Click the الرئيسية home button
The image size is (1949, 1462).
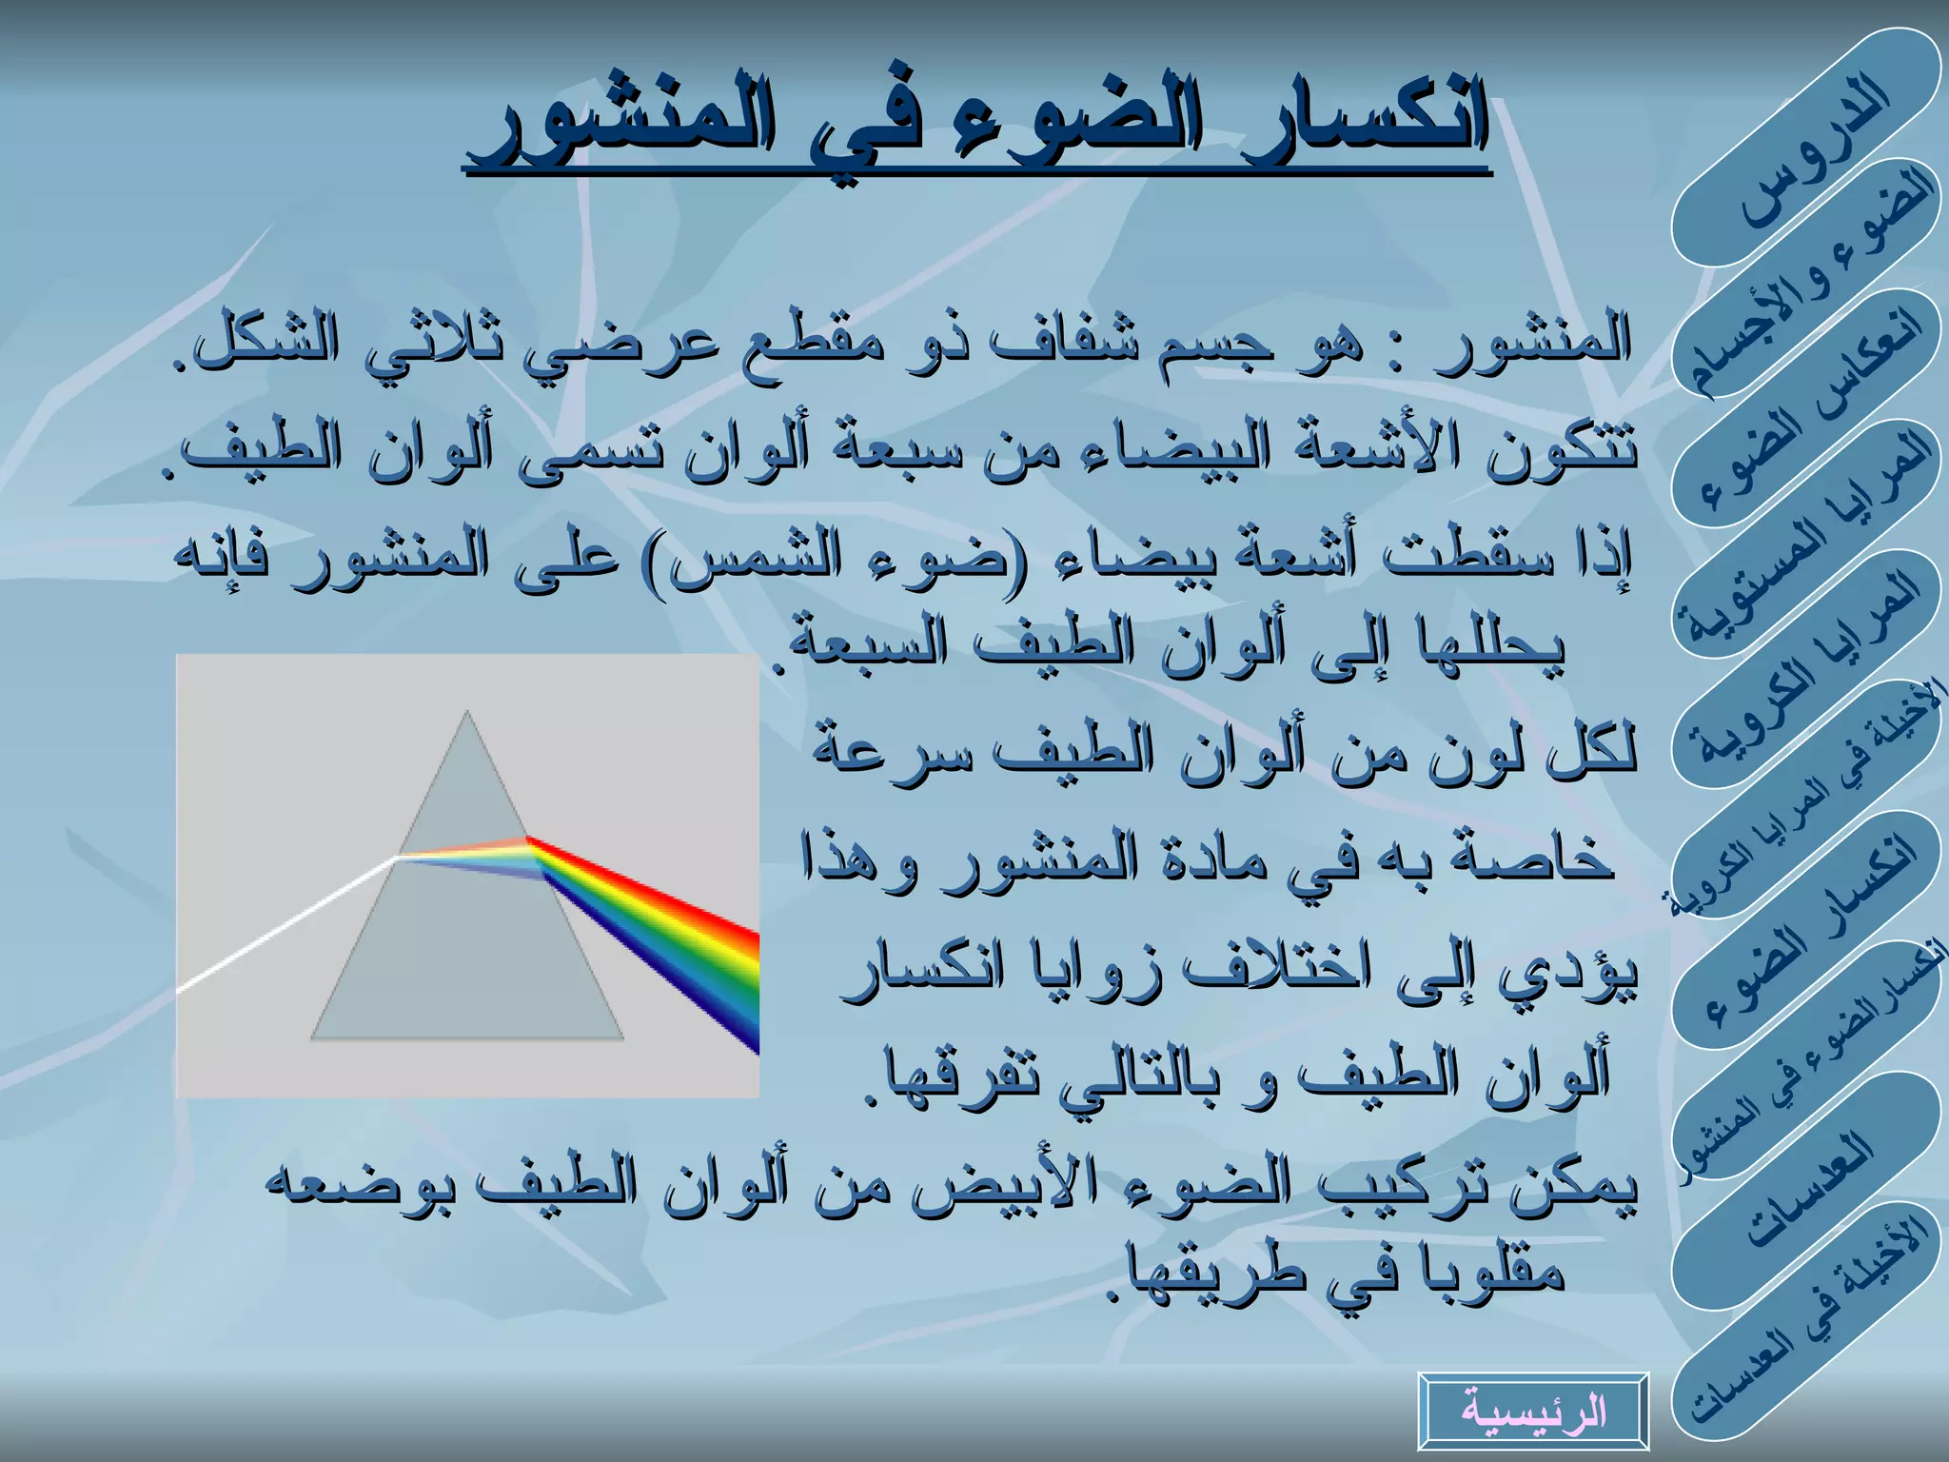(1532, 1411)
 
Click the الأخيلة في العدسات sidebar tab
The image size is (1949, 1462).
(1808, 1323)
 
